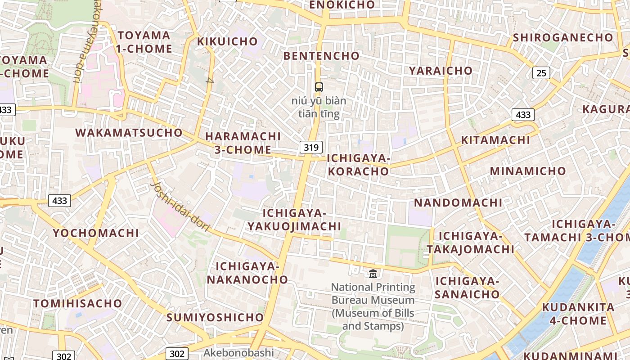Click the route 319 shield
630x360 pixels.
pos(311,147)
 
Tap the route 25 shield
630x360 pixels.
pos(541,72)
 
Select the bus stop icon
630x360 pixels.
pos(319,87)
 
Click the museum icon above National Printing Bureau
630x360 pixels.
pos(373,273)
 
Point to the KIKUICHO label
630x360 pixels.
pos(228,42)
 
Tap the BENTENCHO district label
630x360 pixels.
pos(321,56)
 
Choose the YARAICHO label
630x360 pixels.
pos(441,71)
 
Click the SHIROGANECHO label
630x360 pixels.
pos(563,38)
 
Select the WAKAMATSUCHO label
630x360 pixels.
pos(129,133)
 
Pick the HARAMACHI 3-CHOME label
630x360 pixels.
pos(243,143)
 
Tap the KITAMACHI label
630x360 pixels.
pos(495,140)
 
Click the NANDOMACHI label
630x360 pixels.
pos(458,202)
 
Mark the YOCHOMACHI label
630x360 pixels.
pos(96,233)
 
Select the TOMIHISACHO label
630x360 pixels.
pos(78,304)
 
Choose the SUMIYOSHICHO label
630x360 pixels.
pos(215,317)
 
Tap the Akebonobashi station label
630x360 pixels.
pos(238,352)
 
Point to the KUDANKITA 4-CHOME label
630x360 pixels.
pos(578,314)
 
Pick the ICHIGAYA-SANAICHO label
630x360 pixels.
pos(467,288)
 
